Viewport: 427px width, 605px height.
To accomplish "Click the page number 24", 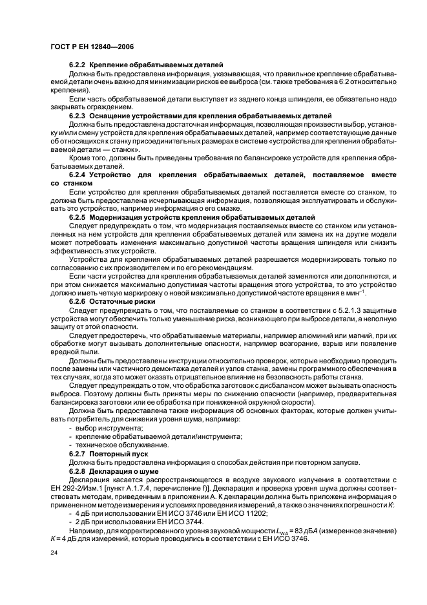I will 54,553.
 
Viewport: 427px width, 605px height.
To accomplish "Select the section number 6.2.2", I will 78,66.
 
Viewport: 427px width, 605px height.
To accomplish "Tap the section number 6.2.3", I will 78,114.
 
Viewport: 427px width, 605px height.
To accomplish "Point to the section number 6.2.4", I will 78,175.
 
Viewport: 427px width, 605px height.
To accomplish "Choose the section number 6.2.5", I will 78,218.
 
